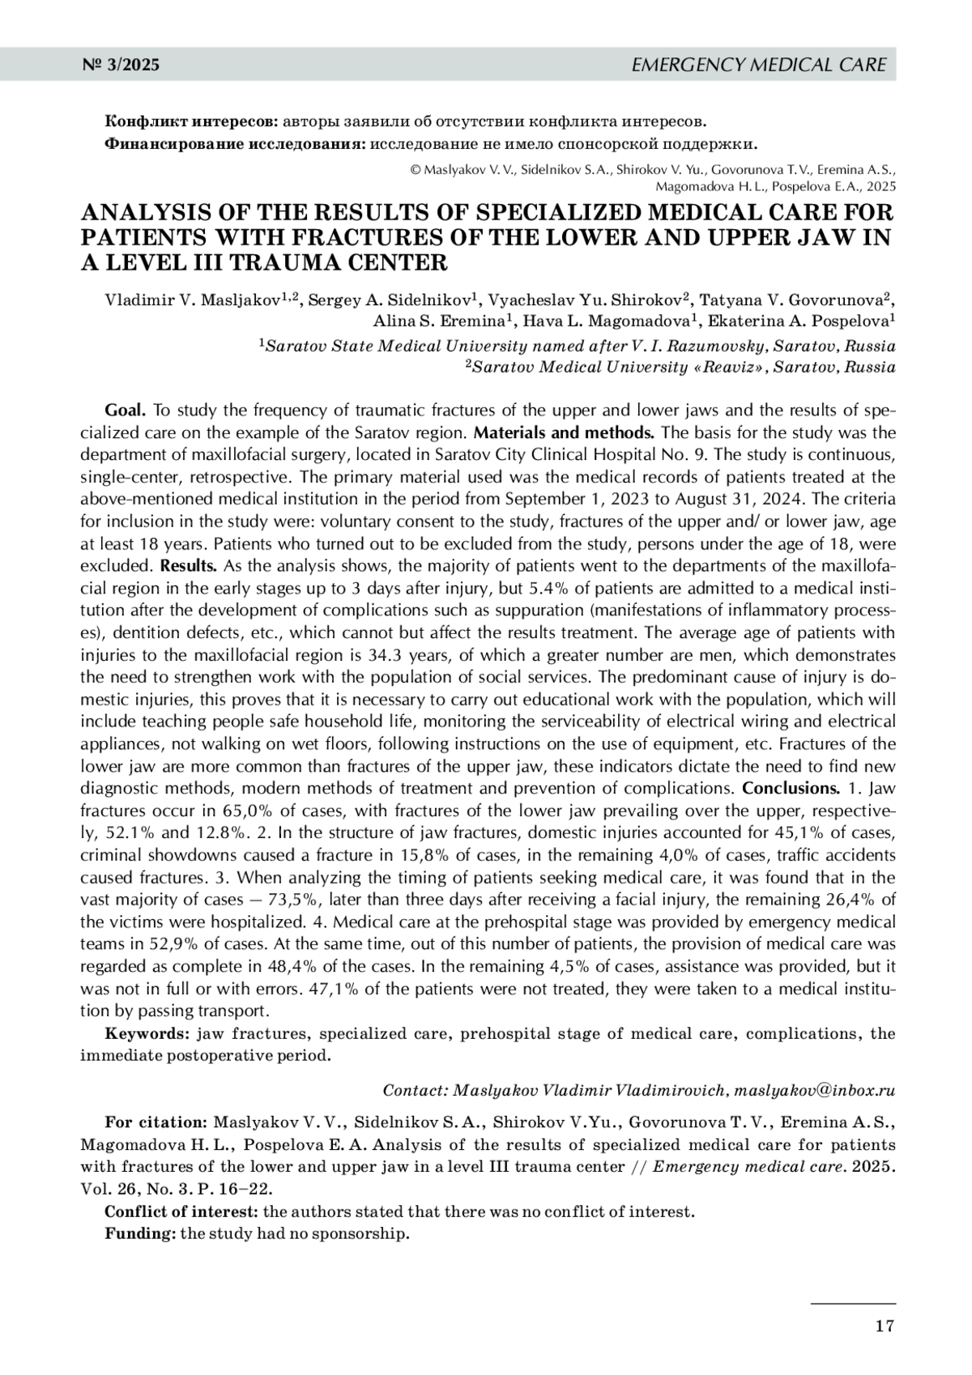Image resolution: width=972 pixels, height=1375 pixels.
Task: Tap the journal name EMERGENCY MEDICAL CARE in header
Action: pos(758,65)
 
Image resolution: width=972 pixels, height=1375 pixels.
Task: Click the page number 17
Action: pos(885,1326)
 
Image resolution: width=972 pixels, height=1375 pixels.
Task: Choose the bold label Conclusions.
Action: pos(791,788)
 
